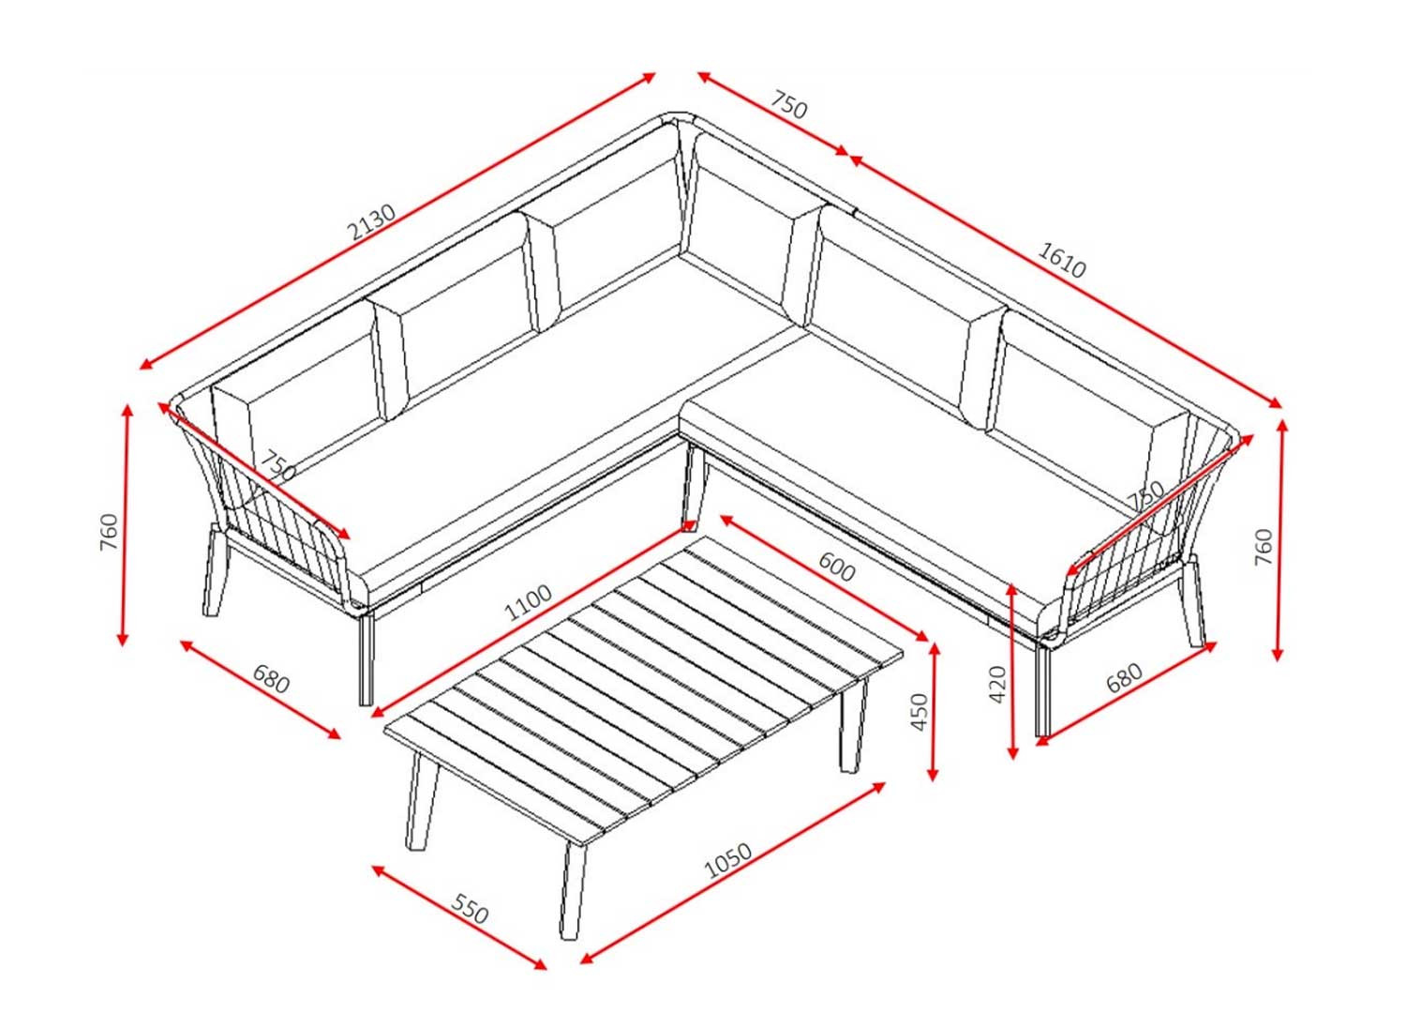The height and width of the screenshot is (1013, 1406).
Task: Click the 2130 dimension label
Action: click(372, 222)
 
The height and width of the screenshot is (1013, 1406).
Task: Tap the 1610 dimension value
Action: click(1061, 260)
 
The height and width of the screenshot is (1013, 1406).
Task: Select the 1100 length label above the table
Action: click(529, 602)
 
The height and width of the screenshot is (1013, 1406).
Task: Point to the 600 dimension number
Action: click(836, 567)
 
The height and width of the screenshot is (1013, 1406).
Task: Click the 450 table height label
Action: click(920, 712)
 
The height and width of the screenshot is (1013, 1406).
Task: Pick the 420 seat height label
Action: click(997, 684)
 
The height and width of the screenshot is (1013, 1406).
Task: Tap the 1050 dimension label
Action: click(728, 860)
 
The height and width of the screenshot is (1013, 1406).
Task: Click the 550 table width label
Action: click(470, 909)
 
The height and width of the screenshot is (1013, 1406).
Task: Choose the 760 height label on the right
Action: click(1264, 547)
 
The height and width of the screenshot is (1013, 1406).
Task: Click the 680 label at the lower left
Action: click(271, 679)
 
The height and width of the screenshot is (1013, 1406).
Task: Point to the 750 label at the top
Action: click(788, 105)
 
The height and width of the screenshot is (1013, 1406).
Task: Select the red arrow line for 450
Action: click(934, 712)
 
